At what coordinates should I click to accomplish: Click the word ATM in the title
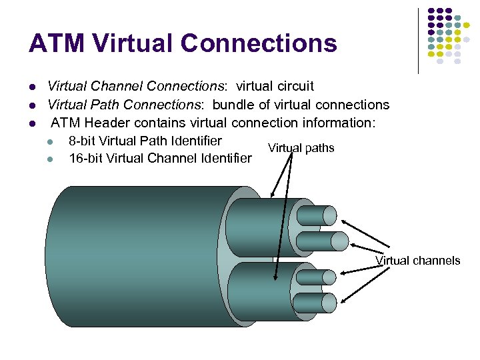click(x=57, y=43)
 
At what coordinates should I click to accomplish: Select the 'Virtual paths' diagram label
click(x=301, y=148)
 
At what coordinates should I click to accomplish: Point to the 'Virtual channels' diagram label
click(x=417, y=261)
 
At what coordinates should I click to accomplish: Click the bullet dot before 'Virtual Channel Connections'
click(x=31, y=87)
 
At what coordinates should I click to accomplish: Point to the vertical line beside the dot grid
click(x=418, y=40)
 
